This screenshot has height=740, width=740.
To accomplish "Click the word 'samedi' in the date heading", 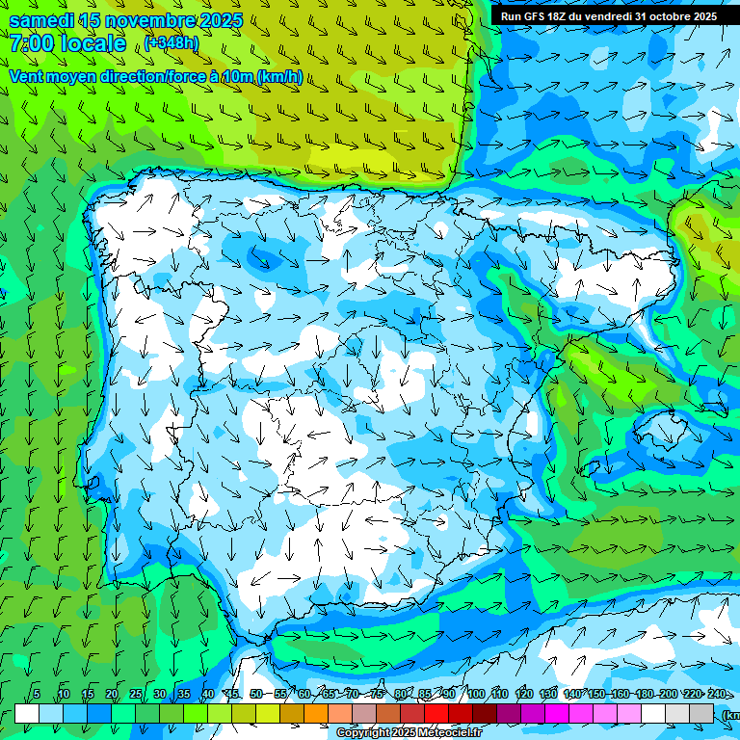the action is tap(42, 20).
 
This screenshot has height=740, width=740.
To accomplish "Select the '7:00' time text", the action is tap(30, 43).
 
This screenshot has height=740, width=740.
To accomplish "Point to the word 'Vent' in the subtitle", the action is tap(27, 76).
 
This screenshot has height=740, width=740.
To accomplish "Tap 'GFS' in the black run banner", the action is tap(533, 16).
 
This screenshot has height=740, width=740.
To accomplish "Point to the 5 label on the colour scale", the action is tap(37, 694).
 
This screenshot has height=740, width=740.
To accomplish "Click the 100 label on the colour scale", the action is tap(476, 694).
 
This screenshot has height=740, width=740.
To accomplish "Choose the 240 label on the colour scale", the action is tap(717, 694).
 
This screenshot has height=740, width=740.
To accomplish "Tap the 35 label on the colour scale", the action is tap(183, 694).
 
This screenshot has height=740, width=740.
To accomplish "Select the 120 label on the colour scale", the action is tap(524, 694).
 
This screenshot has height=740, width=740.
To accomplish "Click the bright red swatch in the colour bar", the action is tap(436, 713).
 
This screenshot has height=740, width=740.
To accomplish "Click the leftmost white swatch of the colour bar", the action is tap(27, 713).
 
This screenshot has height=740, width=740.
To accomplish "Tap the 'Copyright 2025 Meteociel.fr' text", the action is tap(409, 733).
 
